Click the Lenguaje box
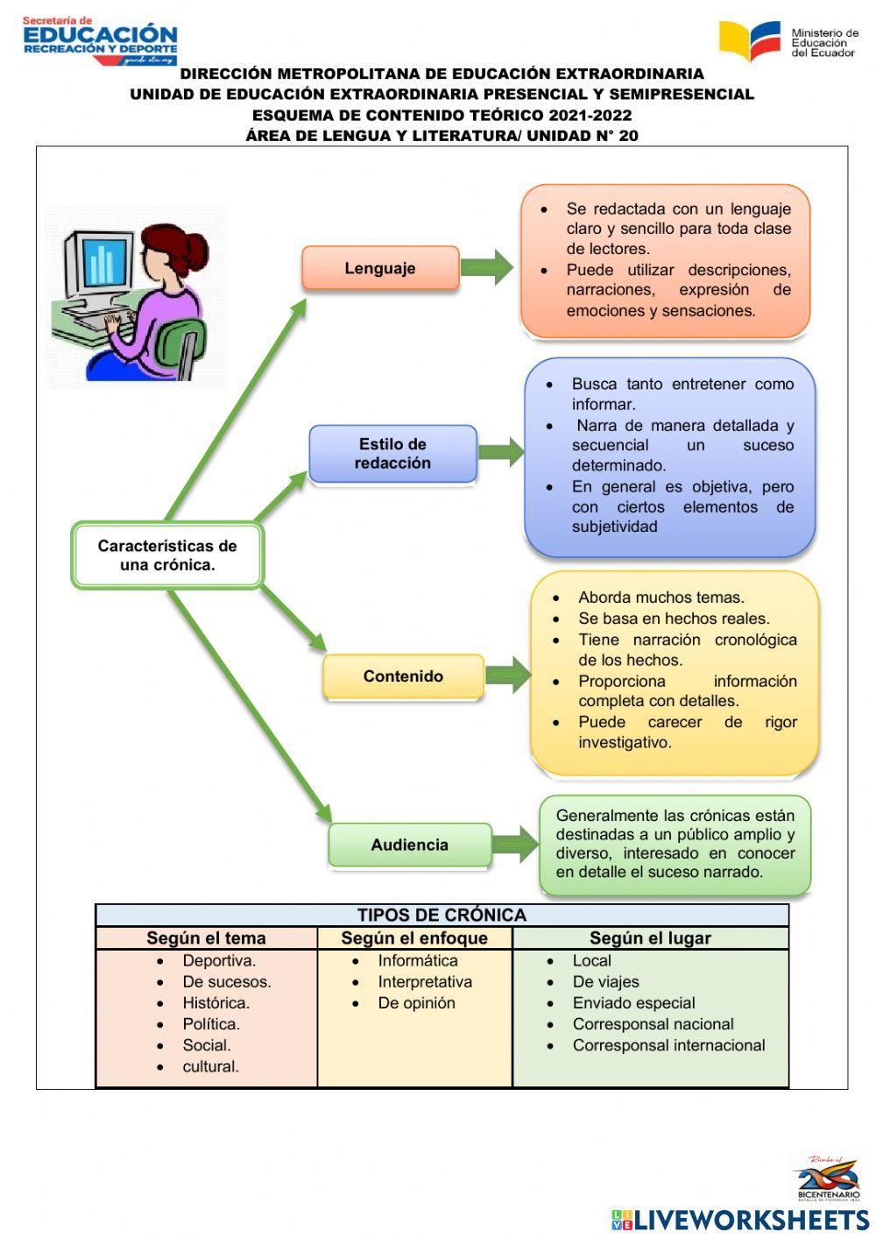[380, 268]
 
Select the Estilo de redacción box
[392, 454]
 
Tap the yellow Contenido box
[403, 676]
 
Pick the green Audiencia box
[409, 845]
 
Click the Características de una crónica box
[167, 555]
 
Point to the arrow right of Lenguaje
[486, 267]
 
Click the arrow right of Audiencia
[515, 845]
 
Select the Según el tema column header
[206, 937]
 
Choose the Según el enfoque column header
[414, 937]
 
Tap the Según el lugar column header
[650, 937]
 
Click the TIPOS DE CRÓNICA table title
[442, 915]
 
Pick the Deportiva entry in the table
[219, 961]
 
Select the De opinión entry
[416, 1003]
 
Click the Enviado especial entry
[633, 1003]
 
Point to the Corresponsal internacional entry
[668, 1045]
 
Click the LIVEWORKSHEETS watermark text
[751, 1220]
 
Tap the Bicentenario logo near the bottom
[829, 1177]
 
